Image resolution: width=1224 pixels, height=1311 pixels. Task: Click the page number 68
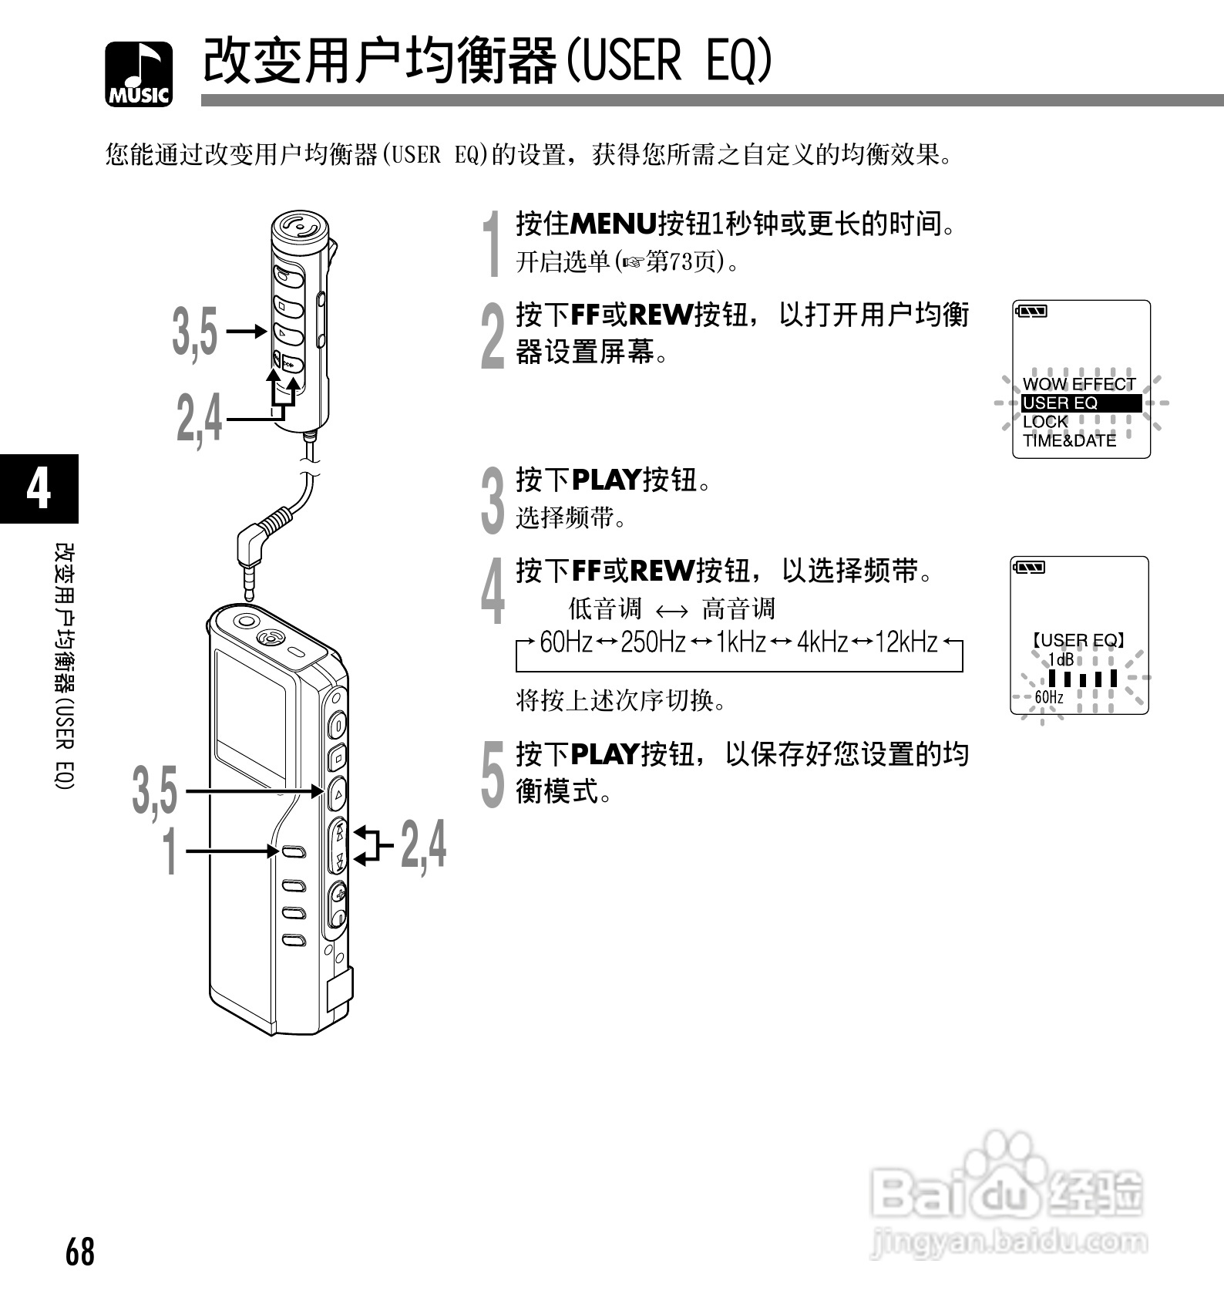[80, 1251]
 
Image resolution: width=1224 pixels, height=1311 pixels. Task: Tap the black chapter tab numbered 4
[39, 488]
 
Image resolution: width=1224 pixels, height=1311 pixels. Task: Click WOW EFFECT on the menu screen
[1078, 383]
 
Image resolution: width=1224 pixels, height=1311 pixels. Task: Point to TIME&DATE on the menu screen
[1069, 440]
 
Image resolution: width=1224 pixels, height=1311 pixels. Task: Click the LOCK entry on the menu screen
[1045, 422]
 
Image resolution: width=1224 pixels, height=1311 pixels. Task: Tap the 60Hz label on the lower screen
[1048, 697]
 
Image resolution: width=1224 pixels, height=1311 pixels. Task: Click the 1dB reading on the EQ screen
[1061, 660]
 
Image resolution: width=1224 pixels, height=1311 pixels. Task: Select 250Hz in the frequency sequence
[653, 642]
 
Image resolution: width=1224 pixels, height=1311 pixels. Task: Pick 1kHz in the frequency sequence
[740, 642]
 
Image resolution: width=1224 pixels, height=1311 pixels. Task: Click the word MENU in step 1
[613, 224]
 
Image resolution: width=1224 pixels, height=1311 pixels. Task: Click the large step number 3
[493, 500]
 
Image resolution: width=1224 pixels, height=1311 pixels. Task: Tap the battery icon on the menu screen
[1031, 312]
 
